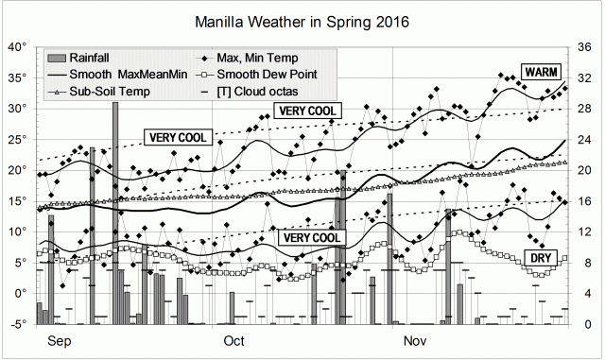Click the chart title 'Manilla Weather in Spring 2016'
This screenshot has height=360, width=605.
302,20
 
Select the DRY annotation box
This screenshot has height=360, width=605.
541,257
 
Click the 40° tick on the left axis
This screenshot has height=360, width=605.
17,46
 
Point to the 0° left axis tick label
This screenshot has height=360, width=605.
20,292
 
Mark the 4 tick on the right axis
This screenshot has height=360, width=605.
582,292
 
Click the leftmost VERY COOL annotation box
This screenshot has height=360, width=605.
178,137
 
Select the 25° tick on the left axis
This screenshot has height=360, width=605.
17,139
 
